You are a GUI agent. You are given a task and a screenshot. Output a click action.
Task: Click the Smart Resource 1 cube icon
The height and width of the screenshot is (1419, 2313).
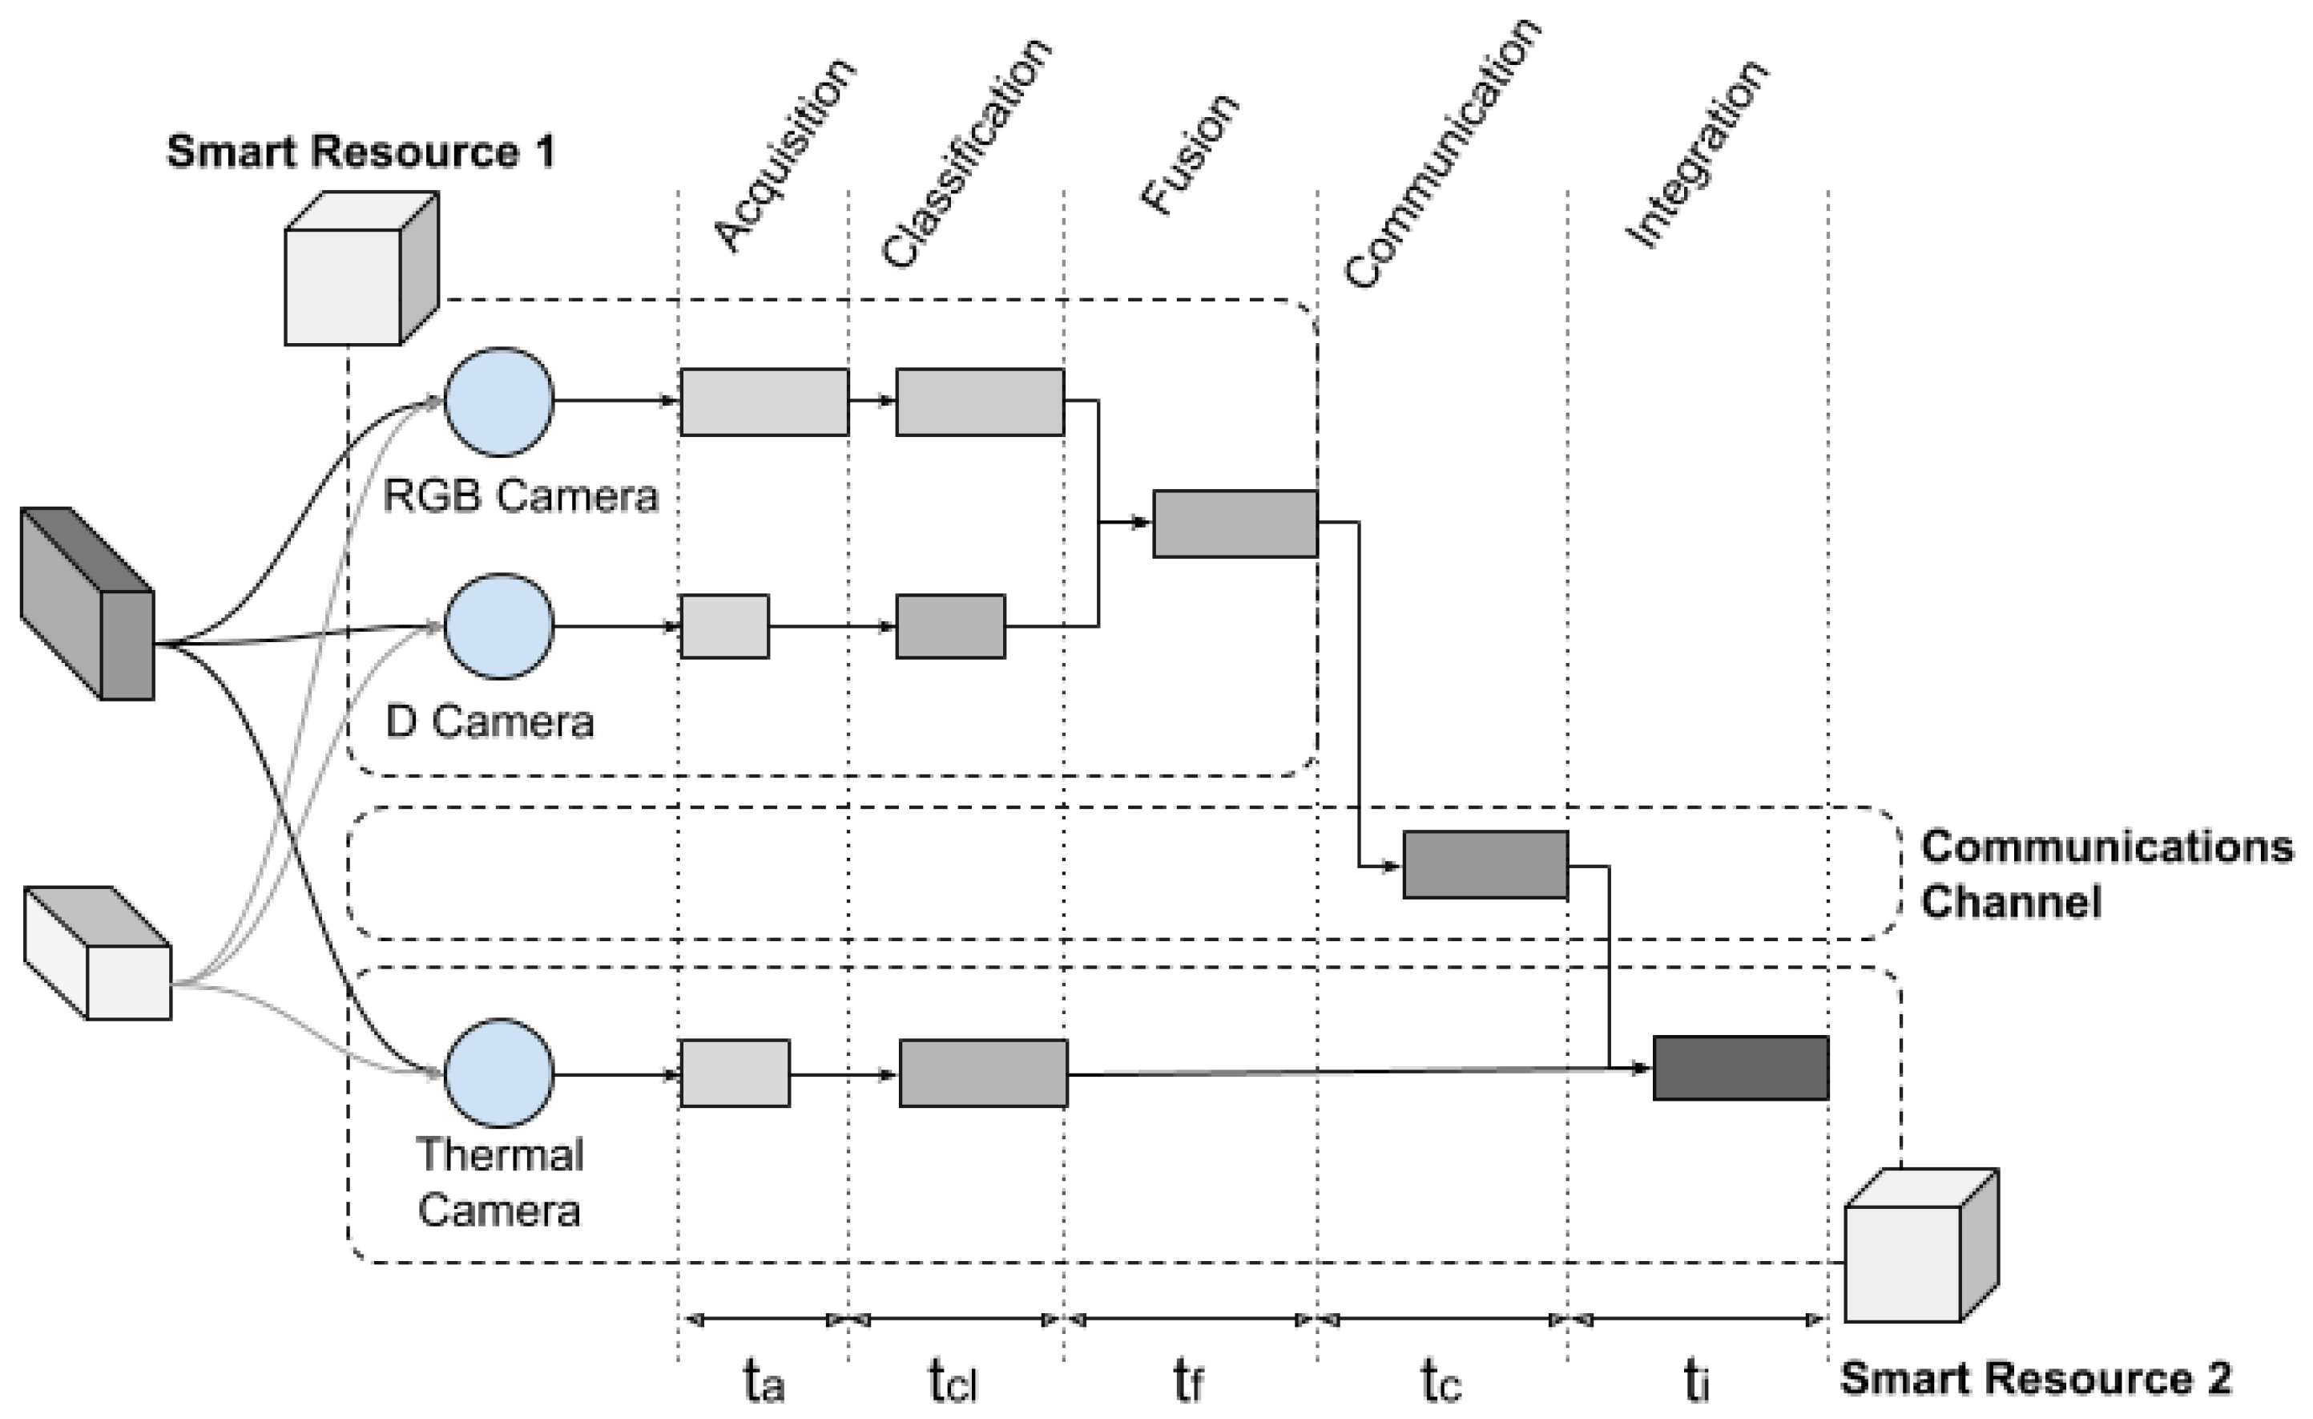coord(361,269)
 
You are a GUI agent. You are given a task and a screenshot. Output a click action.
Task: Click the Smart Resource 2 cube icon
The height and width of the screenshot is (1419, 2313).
coord(1920,1246)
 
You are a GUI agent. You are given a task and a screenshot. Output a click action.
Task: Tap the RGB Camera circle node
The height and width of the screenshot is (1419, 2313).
coord(498,402)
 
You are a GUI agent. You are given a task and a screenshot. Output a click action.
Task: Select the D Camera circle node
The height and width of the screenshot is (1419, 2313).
coord(498,626)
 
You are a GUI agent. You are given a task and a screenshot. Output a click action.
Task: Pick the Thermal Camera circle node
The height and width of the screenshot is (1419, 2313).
coord(498,1073)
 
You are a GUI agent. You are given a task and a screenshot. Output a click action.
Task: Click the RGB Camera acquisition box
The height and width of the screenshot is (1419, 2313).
coord(764,402)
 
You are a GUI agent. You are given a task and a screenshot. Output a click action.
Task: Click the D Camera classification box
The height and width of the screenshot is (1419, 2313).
coord(950,626)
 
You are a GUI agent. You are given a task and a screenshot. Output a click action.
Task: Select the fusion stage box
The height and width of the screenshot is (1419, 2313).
coord(1235,523)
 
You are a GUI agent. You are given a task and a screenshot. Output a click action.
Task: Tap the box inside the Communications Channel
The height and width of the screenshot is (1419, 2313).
coord(1485,865)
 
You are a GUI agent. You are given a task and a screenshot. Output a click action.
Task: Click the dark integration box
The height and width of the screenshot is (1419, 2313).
coord(1740,1068)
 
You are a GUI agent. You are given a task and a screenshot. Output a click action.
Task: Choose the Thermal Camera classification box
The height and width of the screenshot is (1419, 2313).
coord(983,1073)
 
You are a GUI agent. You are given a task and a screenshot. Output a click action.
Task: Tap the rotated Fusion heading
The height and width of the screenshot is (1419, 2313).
coord(1190,155)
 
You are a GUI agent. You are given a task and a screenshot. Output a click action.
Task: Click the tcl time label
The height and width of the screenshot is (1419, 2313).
coord(953,1381)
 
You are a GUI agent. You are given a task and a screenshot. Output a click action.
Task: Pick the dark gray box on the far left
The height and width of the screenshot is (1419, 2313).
coord(87,603)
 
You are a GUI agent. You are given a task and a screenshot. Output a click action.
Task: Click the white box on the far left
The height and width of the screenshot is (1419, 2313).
coord(98,953)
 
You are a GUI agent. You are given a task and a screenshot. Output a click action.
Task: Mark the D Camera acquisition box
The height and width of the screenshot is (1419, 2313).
coord(723,626)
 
